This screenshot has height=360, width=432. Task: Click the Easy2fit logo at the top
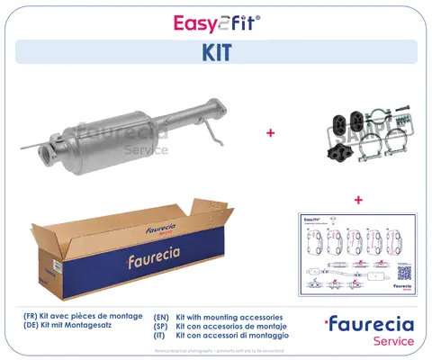point(216,19)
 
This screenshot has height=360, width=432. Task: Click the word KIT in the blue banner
point(216,52)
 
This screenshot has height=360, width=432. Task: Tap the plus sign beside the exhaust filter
point(269,132)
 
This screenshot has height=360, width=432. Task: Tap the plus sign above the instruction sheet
point(358,199)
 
